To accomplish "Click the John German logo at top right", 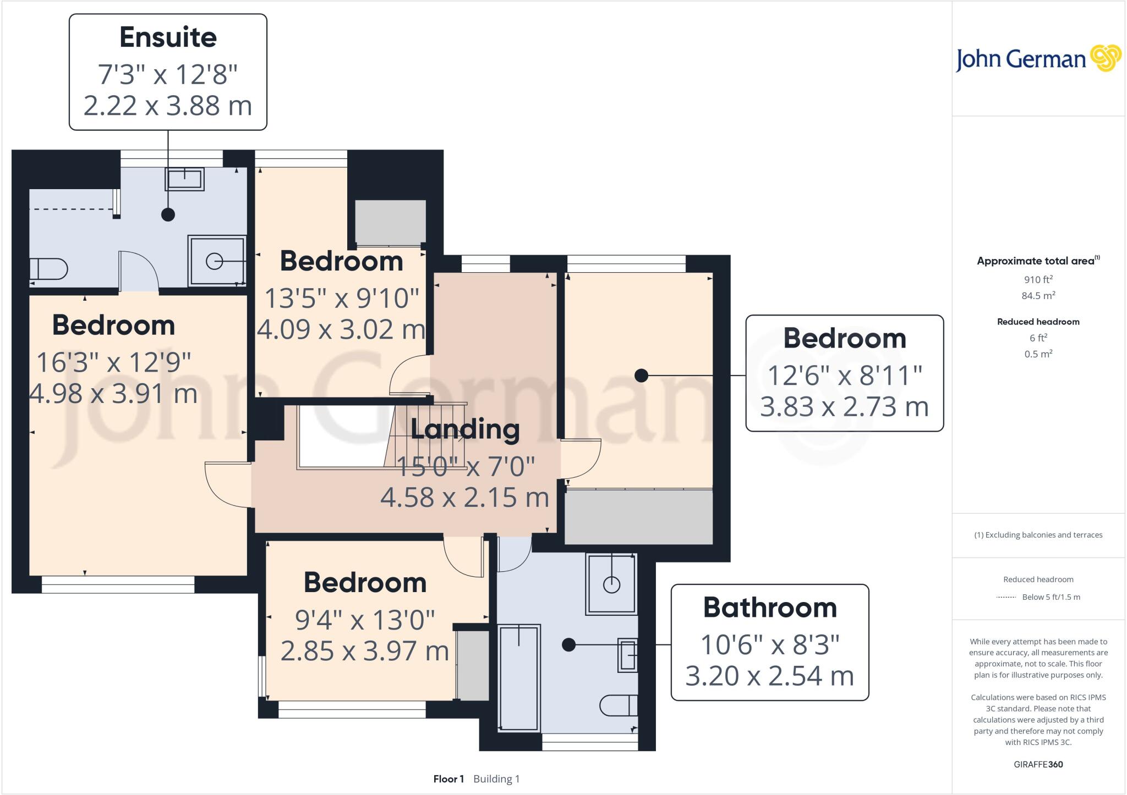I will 1038,59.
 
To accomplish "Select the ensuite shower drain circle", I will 214,261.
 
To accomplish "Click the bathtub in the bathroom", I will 518,677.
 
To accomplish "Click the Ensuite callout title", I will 168,37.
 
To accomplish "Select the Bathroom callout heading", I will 769,608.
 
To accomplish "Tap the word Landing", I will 465,429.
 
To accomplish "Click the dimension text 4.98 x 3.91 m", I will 113,394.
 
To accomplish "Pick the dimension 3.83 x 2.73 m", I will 844,407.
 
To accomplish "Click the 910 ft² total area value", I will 1038,279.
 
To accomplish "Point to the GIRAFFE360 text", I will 1038,764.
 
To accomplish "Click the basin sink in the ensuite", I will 184,179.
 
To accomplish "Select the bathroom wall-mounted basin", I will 627,655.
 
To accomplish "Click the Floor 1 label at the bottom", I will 448,779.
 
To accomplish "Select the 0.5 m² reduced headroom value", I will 1038,354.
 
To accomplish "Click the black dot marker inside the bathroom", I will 568,644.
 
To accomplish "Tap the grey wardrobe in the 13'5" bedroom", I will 390,223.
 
